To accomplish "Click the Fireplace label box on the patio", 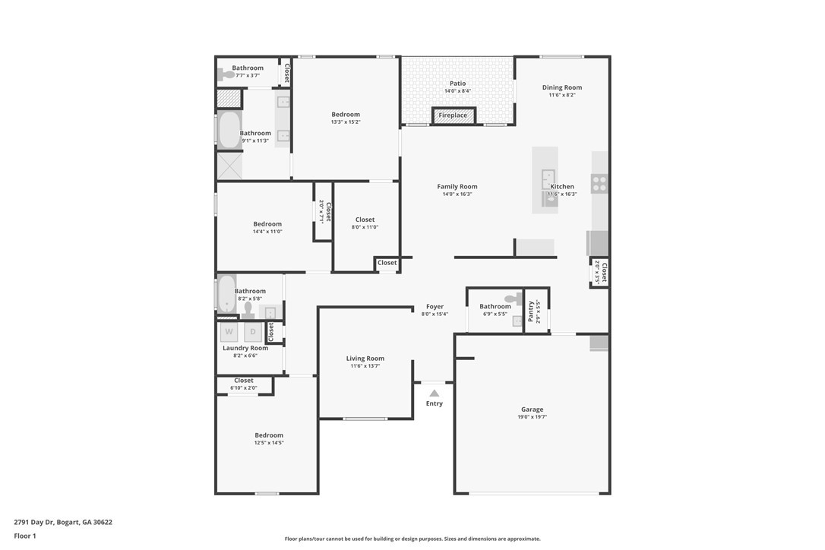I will coord(454,115).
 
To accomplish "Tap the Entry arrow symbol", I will coord(434,394).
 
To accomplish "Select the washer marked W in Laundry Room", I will coord(229,332).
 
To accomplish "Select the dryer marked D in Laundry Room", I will coord(252,332).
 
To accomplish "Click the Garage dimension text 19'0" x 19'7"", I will coord(532,417).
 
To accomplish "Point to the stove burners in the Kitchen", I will coord(599,183).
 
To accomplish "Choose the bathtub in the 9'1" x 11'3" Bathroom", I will coord(229,130).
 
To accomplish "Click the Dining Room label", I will coord(561,87).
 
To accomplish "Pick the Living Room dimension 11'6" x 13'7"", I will coord(365,366).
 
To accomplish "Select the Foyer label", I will coord(435,307).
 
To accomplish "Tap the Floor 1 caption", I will coord(25,536).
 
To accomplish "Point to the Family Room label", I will coord(457,186).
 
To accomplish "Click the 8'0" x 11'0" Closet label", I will coord(365,220).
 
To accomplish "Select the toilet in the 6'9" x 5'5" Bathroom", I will coord(517,299).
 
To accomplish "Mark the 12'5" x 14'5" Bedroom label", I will coord(269,435).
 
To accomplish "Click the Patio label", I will coord(457,84).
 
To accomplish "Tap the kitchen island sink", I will coord(547,180).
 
